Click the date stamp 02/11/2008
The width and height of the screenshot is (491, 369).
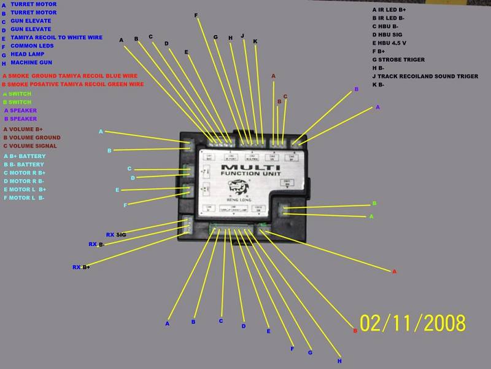coord(412,323)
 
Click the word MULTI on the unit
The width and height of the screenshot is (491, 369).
coord(250,167)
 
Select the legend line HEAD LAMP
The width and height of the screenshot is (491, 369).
coord(28,54)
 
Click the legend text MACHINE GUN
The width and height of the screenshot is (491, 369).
coord(31,63)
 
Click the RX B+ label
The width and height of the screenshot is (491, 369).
coord(81,268)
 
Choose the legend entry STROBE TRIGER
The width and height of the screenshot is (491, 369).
coord(401,60)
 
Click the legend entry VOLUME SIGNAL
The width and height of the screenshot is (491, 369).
coord(30,146)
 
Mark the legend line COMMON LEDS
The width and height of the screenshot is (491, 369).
coord(31,46)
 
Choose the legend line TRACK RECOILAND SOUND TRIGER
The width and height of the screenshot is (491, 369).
coord(425,76)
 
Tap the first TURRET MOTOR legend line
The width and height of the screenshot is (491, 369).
coord(33,4)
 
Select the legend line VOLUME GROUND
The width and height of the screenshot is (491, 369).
coord(32,138)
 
